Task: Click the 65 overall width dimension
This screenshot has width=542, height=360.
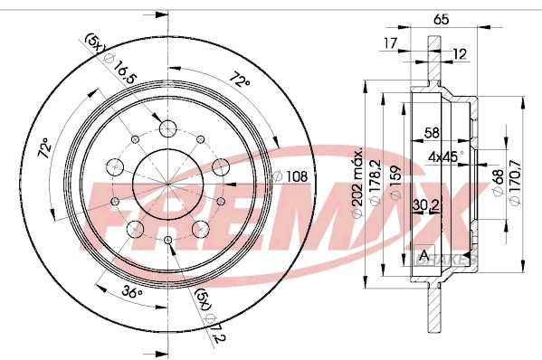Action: (441, 19)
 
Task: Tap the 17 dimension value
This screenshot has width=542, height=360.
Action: (391, 43)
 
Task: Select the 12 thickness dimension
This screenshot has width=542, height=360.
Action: (460, 54)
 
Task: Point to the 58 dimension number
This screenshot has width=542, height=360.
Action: (433, 133)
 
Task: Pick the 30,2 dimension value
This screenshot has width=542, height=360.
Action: (425, 205)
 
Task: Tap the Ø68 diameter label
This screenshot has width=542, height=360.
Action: (498, 183)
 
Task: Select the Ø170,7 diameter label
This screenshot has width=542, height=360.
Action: (515, 183)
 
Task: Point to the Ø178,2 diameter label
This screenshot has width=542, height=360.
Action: (375, 183)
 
